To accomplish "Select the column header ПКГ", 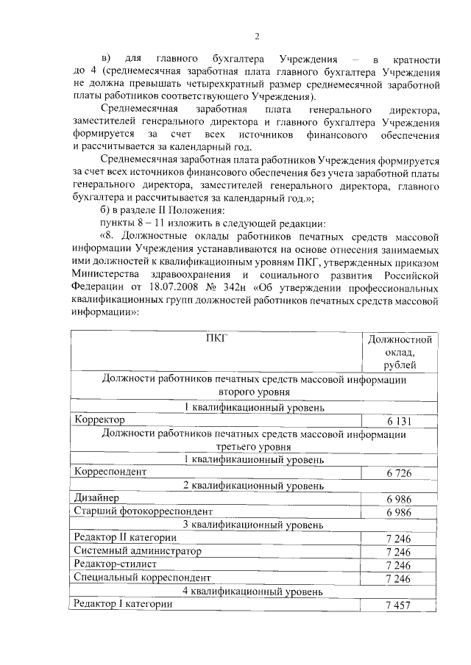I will click(217, 338).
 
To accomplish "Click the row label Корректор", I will click(99, 420).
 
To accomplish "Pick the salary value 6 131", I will click(402, 421).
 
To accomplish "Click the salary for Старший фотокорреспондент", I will click(402, 511).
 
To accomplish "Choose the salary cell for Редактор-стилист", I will click(402, 564).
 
